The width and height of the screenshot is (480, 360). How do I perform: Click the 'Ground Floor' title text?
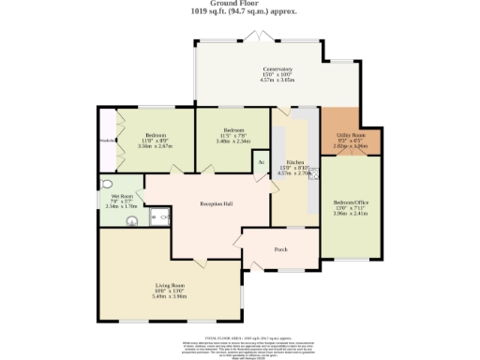[240, 5]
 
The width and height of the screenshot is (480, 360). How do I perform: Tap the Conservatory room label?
[277, 69]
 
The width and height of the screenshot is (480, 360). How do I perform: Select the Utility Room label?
[352, 136]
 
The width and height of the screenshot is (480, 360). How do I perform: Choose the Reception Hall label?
[216, 203]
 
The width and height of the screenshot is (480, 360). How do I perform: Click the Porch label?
[279, 249]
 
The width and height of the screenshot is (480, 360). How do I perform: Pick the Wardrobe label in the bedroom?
[105, 141]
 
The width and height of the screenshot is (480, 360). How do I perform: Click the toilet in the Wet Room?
[132, 223]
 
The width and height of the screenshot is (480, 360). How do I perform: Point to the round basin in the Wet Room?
[106, 185]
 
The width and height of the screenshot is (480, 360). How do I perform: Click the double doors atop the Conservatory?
[253, 37]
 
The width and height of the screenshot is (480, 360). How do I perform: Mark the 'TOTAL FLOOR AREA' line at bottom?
[240, 335]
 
